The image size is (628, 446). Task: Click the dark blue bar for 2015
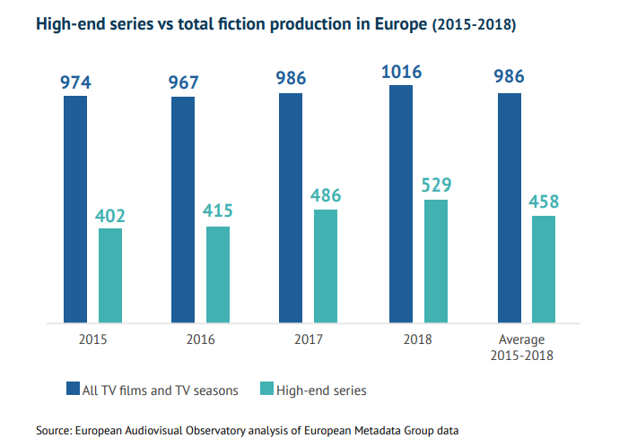coord(75,209)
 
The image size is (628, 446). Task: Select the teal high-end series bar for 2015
coord(110,275)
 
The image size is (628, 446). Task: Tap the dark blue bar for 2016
coord(183,210)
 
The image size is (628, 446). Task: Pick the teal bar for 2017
coord(326,265)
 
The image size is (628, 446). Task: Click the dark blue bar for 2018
coord(400,203)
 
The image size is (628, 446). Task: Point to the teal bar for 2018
coord(435,261)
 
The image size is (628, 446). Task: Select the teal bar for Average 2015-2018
coord(544,269)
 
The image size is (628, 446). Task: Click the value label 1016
coord(400,72)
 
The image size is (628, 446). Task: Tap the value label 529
coord(435,185)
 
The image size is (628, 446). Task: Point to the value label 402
coord(110,215)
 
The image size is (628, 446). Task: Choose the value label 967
coord(183,82)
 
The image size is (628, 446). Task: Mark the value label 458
coord(544,202)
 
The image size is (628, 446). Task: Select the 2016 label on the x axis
coord(201,339)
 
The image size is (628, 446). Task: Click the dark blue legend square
coord(73,390)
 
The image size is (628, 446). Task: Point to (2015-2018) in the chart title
coord(475,25)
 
